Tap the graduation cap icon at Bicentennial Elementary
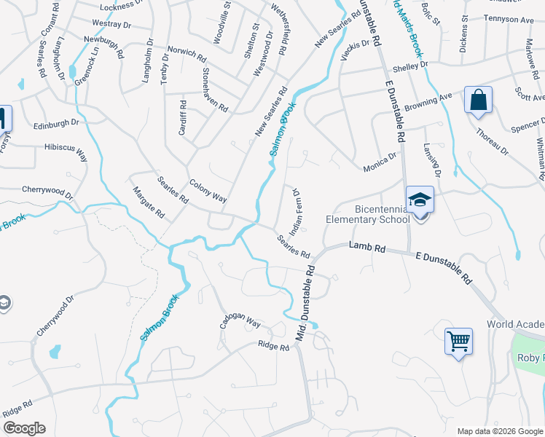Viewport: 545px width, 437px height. pyautogui.click(x=420, y=199)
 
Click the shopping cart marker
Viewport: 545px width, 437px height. pyautogui.click(x=459, y=341)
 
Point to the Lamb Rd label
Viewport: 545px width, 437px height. pyautogui.click(x=367, y=248)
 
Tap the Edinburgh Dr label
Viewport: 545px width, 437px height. pyautogui.click(x=55, y=125)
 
